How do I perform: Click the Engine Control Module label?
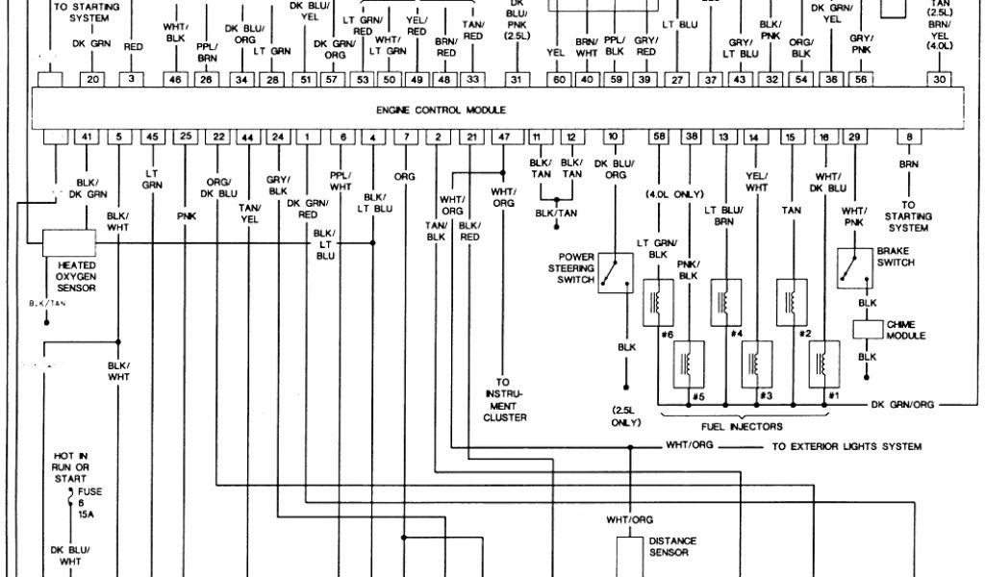442,111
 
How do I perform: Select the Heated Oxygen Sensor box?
68,242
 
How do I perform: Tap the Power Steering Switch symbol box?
615,272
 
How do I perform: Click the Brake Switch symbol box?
855,268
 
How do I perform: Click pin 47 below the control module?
503,138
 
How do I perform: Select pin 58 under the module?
659,138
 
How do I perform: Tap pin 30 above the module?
940,80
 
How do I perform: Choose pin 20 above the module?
91,80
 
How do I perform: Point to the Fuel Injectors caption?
742,426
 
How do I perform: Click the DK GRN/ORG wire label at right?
902,405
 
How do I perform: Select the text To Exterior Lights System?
846,446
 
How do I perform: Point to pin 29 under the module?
853,138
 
